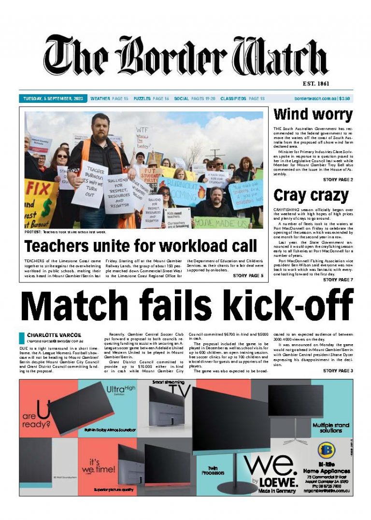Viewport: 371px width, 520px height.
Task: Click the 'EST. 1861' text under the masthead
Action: point(316,84)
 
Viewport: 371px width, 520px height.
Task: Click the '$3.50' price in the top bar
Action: point(344,98)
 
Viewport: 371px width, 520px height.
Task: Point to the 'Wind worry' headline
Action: point(313,115)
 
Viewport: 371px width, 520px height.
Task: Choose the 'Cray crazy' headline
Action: point(311,196)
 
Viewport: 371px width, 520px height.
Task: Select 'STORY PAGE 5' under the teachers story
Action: point(248,276)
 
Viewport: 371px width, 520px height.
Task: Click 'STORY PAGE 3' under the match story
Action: point(338,371)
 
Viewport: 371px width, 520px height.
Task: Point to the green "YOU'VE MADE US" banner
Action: point(221,223)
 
